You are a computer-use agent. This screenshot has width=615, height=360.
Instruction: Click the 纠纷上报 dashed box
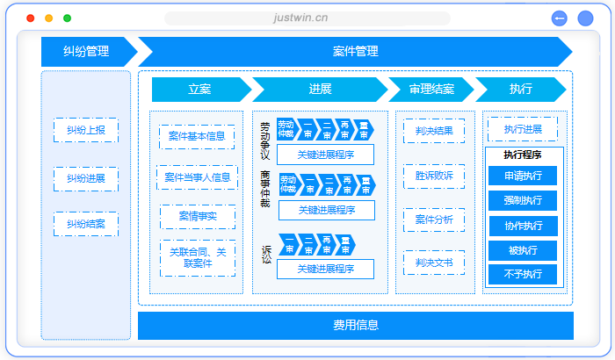tap(85, 130)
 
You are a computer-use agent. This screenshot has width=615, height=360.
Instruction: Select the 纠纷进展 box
tap(85, 178)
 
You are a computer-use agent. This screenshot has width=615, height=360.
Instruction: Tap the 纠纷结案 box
tap(85, 224)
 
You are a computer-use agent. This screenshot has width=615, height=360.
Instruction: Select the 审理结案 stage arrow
tap(431, 90)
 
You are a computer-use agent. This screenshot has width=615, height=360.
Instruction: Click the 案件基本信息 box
tap(197, 136)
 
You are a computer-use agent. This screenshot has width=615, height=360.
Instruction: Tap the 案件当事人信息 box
tap(197, 176)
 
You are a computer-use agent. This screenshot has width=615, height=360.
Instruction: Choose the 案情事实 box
tap(197, 216)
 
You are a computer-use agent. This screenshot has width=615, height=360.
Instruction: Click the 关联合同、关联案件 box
tap(197, 257)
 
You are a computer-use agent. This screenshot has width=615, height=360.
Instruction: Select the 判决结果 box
tap(434, 131)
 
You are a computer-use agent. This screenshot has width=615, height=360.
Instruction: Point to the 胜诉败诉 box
tap(434, 176)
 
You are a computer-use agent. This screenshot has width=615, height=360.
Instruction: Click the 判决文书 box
tap(434, 262)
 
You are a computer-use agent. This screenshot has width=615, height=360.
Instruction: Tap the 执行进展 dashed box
tap(523, 129)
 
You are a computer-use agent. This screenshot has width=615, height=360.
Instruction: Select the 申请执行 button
tap(523, 176)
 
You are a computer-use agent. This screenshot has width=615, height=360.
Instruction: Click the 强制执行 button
tap(523, 200)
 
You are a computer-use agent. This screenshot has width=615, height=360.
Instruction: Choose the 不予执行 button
tap(523, 275)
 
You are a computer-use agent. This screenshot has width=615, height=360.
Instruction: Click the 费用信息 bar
tap(355, 325)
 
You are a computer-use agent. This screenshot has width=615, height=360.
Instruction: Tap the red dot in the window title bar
tap(31, 18)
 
